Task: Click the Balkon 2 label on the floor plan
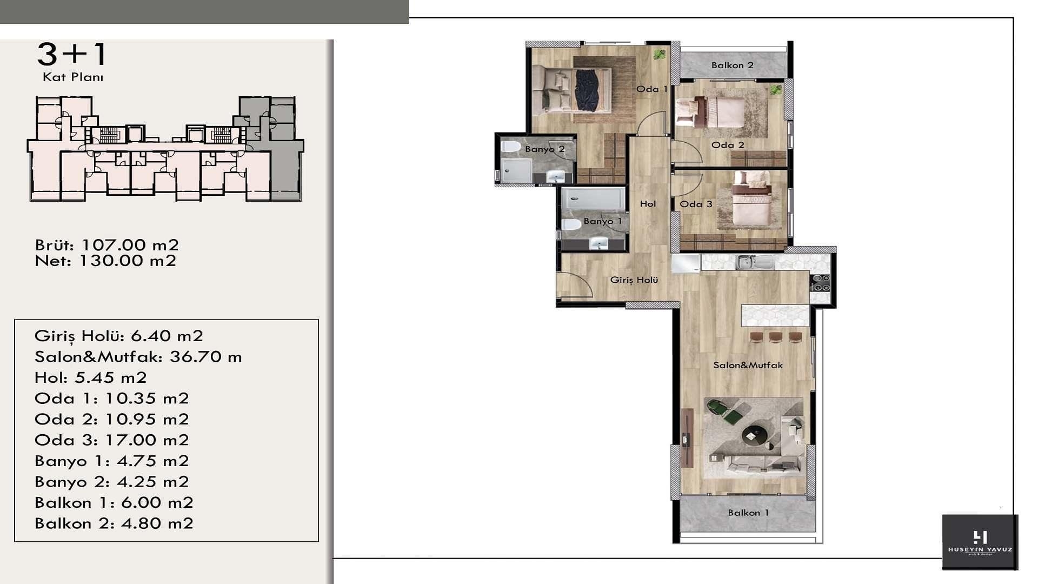[732, 65]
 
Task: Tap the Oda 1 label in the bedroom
[651, 89]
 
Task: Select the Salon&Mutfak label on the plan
[748, 365]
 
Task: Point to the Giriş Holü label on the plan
[634, 280]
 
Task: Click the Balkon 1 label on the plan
[748, 513]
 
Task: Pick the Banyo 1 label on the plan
[603, 221]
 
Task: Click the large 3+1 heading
[72, 54]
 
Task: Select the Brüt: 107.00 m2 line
[107, 245]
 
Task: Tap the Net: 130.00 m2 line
[105, 261]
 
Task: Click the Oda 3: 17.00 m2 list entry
[112, 440]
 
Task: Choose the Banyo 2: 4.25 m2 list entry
[112, 482]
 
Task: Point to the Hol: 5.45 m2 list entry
[91, 377]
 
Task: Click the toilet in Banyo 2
[510, 147]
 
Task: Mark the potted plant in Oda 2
[776, 90]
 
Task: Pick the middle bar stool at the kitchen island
[776, 337]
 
